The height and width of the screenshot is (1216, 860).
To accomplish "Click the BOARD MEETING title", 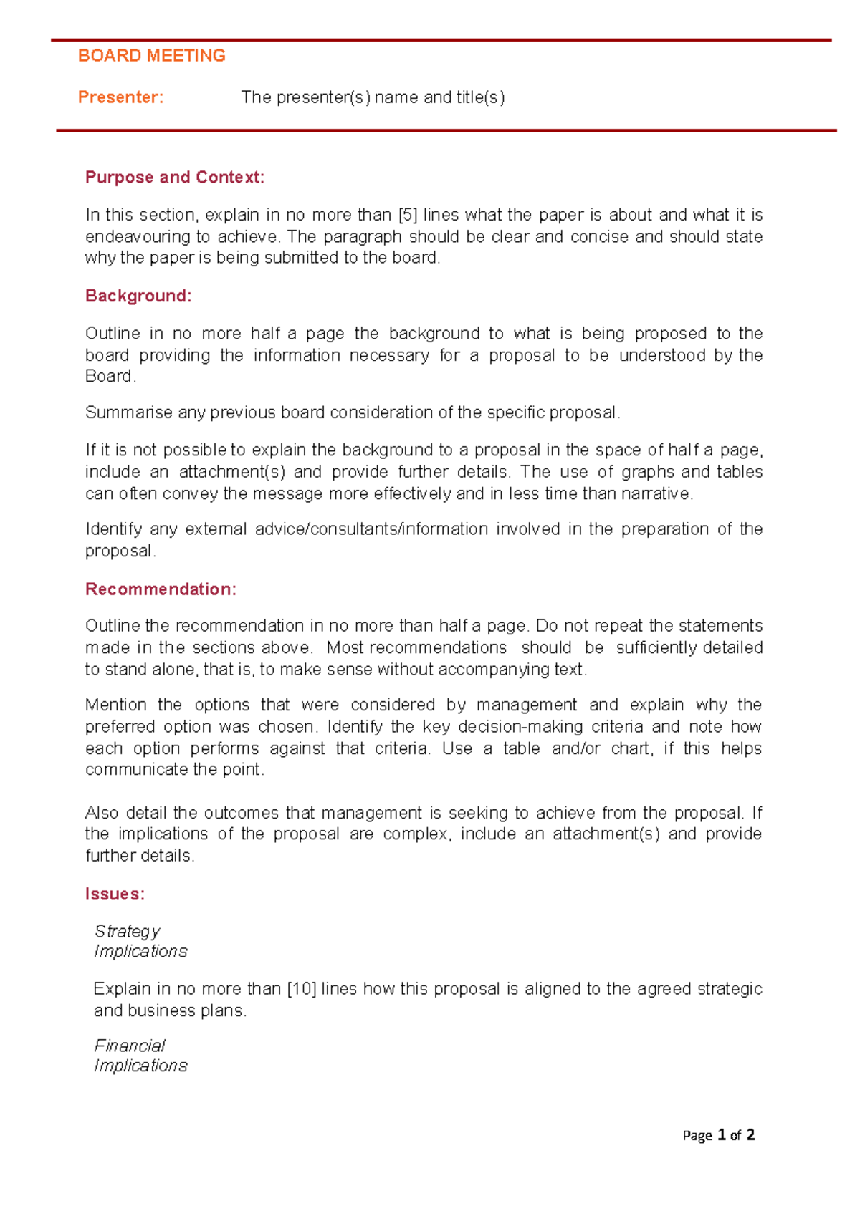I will (x=151, y=56).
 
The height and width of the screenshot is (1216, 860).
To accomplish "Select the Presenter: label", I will (x=120, y=97).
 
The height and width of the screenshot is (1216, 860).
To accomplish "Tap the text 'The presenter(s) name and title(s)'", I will (x=373, y=97).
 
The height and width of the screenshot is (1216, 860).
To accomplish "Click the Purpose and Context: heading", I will (x=175, y=178).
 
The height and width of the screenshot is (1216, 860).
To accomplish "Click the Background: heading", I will (x=138, y=296).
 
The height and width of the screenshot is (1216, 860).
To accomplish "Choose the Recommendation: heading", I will (x=161, y=589).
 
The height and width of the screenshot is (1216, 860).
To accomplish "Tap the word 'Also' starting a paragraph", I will (x=102, y=813).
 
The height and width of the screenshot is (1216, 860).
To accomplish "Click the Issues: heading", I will (x=115, y=894).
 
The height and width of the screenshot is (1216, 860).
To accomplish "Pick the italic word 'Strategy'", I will (x=128, y=932).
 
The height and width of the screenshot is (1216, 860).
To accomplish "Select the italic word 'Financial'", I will (x=130, y=1046).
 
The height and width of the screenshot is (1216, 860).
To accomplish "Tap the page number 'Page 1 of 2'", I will (x=718, y=1135).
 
